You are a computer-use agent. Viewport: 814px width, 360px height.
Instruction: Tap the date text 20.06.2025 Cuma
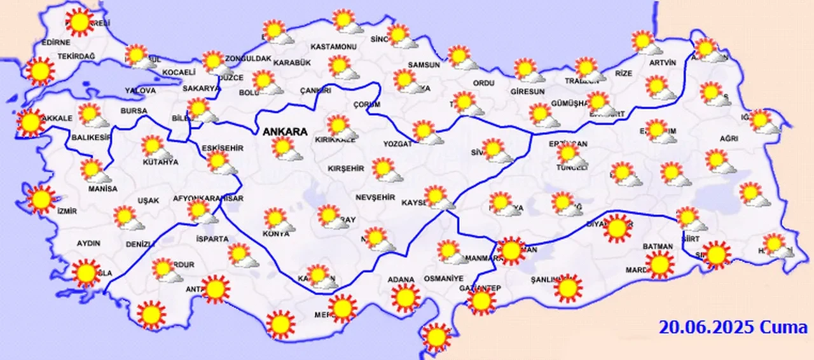(x=733, y=328)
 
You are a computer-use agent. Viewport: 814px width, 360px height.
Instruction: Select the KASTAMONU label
(x=333, y=47)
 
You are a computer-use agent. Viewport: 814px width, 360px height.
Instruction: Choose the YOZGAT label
(x=397, y=144)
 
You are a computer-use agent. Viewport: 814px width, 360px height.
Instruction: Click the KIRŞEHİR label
(x=345, y=169)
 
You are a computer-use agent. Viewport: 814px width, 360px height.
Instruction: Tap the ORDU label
(x=483, y=83)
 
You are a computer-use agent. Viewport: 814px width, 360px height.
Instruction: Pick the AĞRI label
(x=729, y=139)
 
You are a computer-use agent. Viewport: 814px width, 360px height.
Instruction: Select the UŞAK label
(x=148, y=200)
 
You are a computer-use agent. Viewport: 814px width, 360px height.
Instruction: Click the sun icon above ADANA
(x=406, y=297)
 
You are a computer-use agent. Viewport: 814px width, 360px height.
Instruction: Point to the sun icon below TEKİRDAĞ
(x=40, y=71)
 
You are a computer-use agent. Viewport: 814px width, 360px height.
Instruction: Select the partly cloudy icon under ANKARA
(x=284, y=148)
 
